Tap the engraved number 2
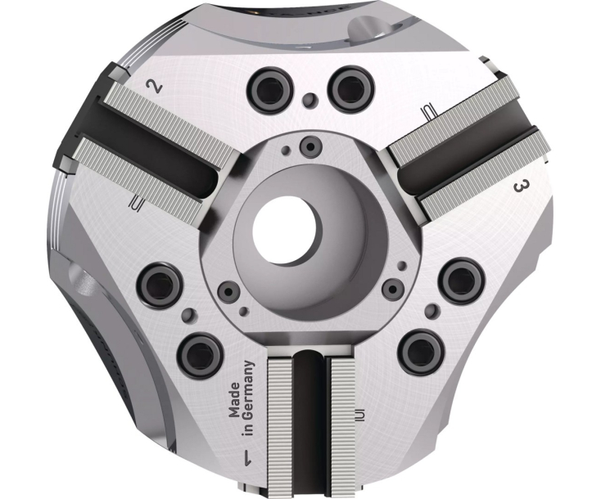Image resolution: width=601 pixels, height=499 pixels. (x=151, y=84)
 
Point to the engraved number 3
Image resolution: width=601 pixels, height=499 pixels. (x=519, y=187)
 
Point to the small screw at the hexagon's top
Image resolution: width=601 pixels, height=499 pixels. (x=310, y=146)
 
